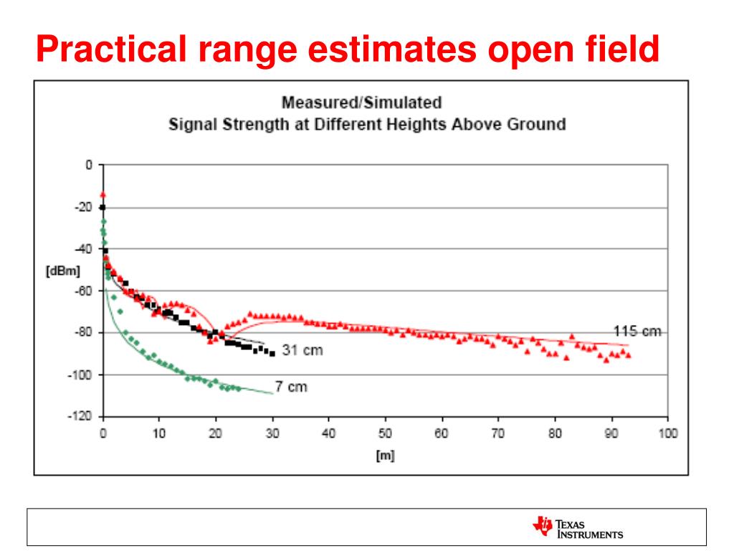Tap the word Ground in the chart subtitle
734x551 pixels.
coord(536,123)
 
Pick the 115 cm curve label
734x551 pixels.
coord(637,331)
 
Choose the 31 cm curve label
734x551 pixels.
coord(303,350)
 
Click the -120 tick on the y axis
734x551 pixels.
coord(84,417)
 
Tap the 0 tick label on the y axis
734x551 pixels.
coord(90,165)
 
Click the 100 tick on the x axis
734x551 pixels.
coord(667,433)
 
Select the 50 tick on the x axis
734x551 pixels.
coord(386,433)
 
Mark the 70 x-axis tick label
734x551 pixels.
coord(498,433)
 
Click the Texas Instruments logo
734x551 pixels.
coord(578,527)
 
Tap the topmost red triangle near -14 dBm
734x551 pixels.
coord(103,194)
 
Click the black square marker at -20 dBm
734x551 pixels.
coord(103,207)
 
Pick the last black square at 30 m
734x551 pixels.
coord(272,354)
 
